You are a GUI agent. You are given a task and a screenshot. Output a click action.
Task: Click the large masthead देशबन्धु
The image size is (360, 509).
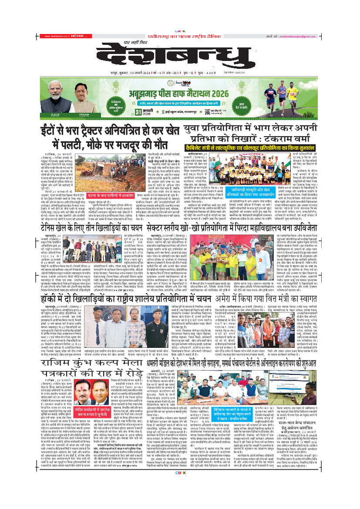[x=180, y=55]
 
